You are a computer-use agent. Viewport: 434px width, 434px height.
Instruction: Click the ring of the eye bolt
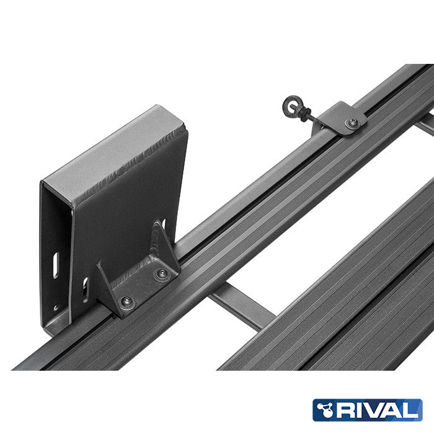pos(291,104)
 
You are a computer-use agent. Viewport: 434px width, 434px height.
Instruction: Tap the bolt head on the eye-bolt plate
pos(352,123)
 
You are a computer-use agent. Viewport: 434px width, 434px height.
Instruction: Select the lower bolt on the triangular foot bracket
pos(126,301)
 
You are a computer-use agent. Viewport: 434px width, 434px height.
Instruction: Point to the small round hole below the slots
pos(56,307)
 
